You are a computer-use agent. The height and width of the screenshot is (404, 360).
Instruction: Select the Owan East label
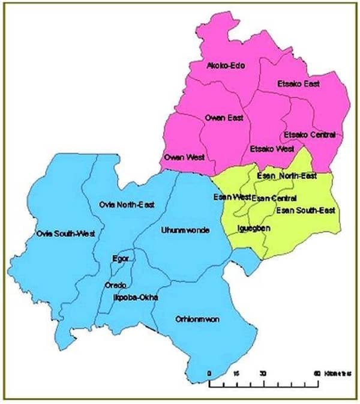coord(224,118)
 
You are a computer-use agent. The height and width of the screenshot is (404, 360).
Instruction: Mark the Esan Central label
coord(271,197)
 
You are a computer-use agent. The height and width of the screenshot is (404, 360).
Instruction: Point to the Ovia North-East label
coord(127,205)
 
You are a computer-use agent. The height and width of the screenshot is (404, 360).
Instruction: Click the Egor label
coord(120,259)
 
